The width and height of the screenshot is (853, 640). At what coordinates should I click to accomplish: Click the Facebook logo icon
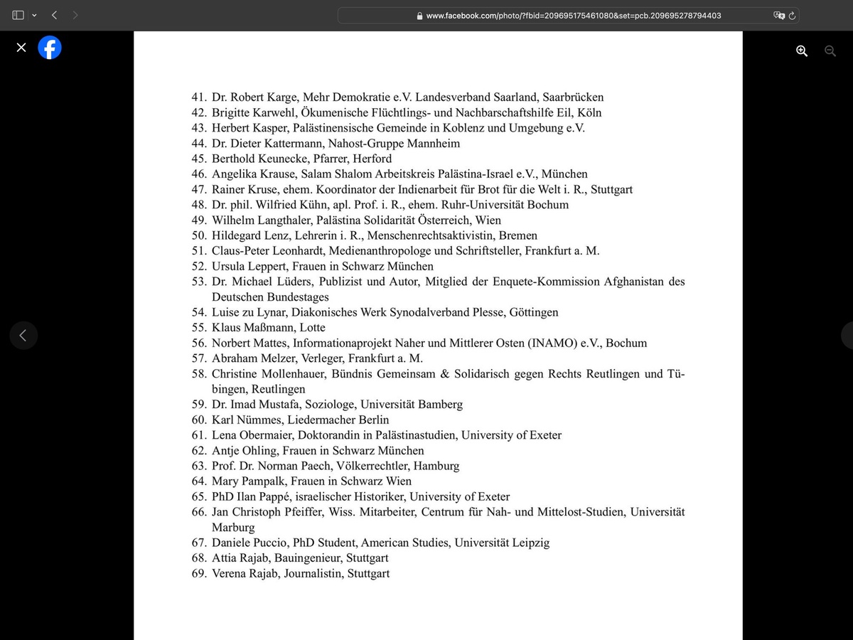click(50, 48)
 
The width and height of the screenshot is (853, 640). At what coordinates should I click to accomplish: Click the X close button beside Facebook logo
click(21, 48)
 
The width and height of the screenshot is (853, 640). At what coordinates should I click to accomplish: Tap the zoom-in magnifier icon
click(802, 50)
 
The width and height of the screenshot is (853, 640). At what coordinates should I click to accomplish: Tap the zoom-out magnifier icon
click(830, 50)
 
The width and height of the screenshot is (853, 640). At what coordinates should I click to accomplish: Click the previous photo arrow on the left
click(23, 335)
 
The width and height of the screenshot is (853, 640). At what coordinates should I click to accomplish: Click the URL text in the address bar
click(573, 15)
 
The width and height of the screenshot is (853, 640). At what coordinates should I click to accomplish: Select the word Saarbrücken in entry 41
click(571, 97)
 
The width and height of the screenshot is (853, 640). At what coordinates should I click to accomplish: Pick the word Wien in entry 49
click(488, 220)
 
